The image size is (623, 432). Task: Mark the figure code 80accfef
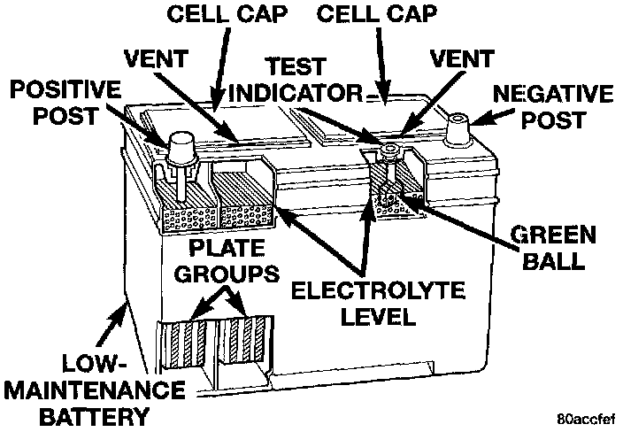coord(585,417)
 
